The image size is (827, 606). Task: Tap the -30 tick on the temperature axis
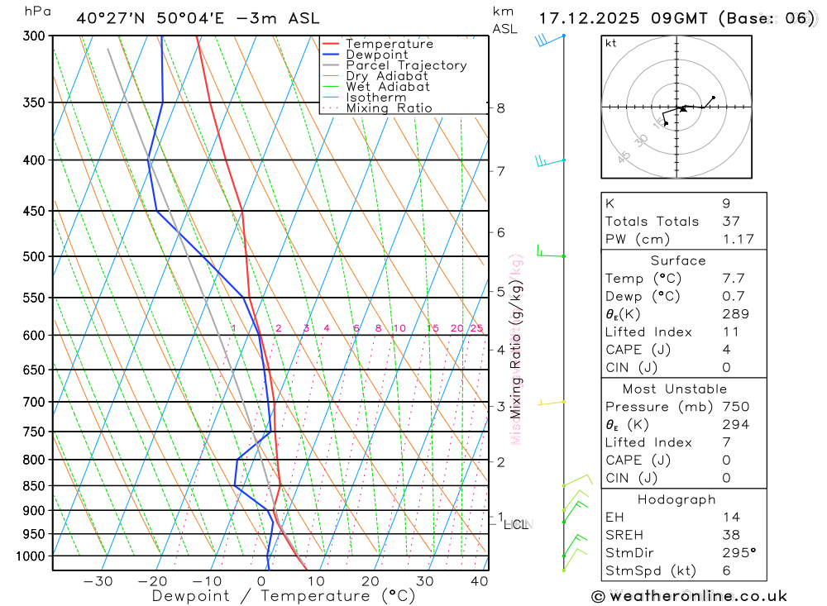coord(98,581)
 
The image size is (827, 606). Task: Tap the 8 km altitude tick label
coord(500,108)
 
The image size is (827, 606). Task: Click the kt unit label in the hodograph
coord(611,43)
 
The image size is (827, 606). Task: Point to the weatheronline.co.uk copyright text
coord(690,596)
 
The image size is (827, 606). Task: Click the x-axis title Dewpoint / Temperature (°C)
coord(283,596)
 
